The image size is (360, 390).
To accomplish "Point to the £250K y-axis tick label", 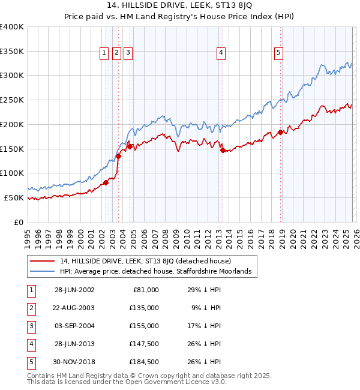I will click(x=12, y=100).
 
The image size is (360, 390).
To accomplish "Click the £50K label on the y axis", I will click(x=14, y=197).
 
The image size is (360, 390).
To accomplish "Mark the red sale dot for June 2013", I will click(x=223, y=151).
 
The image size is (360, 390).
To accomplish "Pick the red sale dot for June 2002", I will click(x=106, y=182).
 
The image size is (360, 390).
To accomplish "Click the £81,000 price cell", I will click(x=145, y=290).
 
